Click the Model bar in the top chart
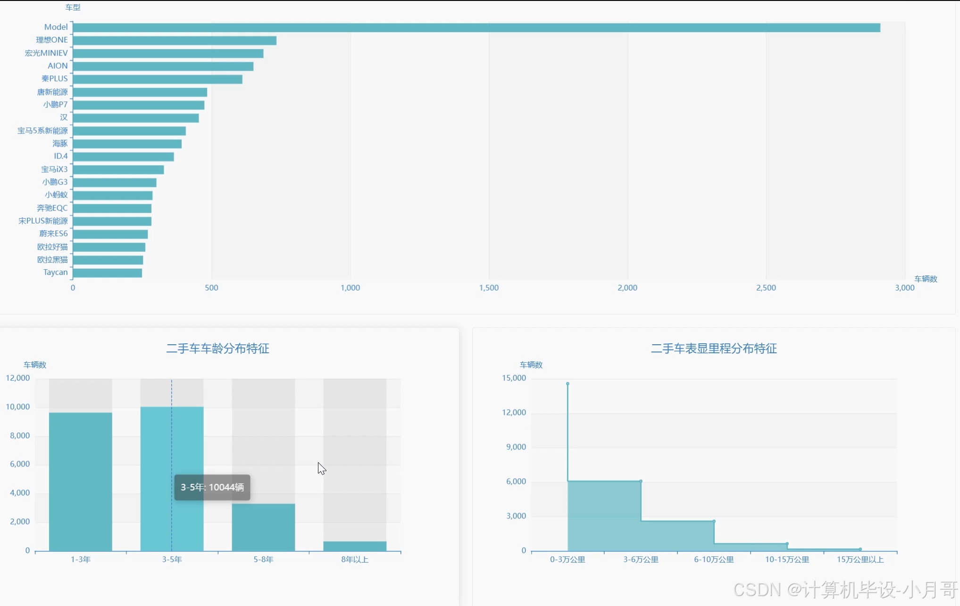[x=476, y=28]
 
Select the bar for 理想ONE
[x=175, y=41]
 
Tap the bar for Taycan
[x=108, y=273]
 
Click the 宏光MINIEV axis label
[x=46, y=53]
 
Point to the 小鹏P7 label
[x=55, y=104]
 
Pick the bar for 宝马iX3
[x=118, y=170]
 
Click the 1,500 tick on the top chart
[x=489, y=288]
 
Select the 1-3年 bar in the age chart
[x=81, y=481]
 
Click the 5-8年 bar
[x=263, y=527]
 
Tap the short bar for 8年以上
[x=355, y=546]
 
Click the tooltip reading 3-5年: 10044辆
[x=212, y=487]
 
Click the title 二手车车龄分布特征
[x=217, y=349]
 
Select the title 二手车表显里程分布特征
[x=714, y=349]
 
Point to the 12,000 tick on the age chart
[x=18, y=378]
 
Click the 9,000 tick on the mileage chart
[x=516, y=447]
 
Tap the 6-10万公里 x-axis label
[x=714, y=559]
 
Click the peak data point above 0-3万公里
[x=568, y=383]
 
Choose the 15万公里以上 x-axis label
[x=860, y=559]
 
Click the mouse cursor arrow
[x=321, y=468]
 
